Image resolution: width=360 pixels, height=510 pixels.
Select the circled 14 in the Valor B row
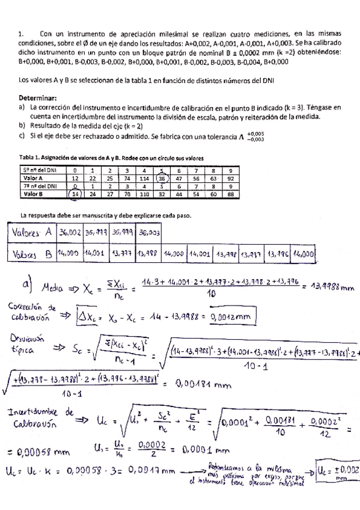click(75, 194)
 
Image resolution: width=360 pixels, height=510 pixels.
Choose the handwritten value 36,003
click(148, 232)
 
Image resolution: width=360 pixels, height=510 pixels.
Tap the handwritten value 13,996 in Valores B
click(276, 254)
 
